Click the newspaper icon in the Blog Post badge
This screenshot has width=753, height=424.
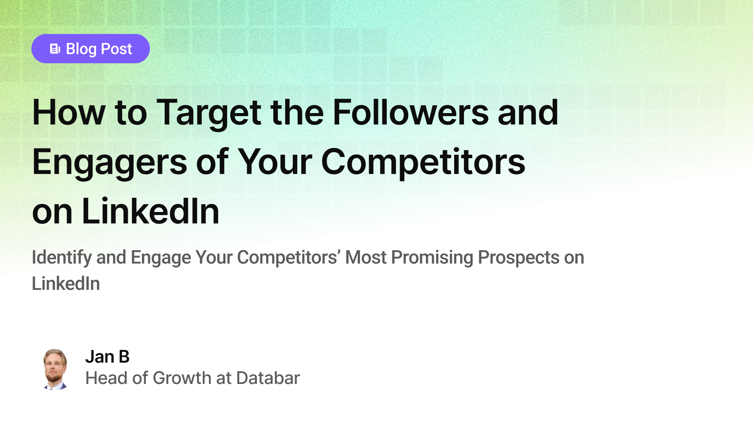point(55,49)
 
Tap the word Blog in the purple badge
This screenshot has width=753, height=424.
point(81,49)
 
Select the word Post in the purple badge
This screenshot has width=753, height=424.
point(116,49)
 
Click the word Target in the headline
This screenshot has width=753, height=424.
point(209,113)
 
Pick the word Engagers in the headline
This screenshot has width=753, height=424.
point(109,163)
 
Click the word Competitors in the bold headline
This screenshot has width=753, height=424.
point(423,162)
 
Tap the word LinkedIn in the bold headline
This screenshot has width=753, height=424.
point(150,212)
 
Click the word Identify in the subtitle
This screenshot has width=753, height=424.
point(62,258)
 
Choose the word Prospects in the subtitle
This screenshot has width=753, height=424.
point(518,258)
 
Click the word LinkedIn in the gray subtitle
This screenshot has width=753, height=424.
point(66,284)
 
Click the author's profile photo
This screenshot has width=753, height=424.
point(55,369)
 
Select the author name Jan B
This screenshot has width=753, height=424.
point(107,357)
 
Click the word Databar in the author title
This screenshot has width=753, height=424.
point(268,378)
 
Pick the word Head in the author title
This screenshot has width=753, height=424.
point(106,378)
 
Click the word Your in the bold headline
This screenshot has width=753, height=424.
point(275,162)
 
